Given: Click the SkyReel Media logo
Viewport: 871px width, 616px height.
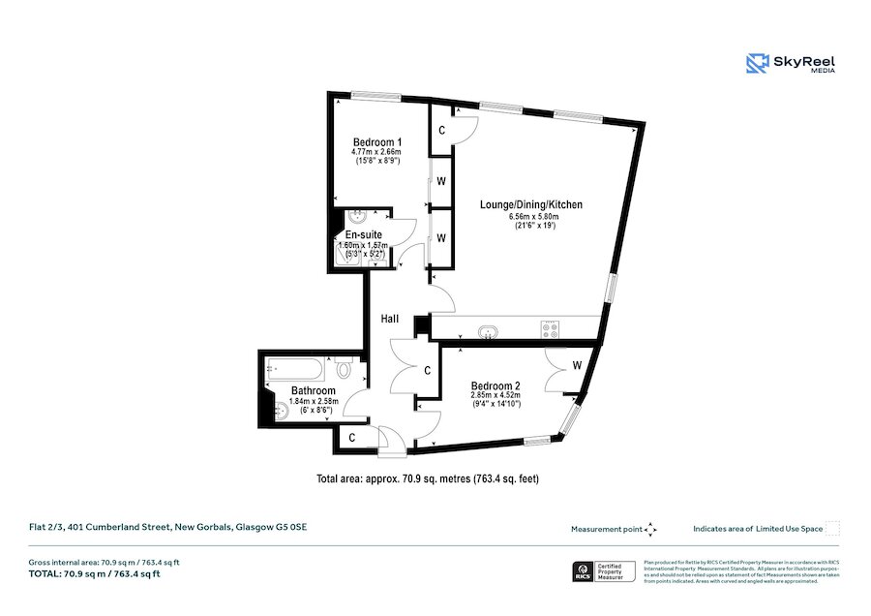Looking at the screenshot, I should pyautogui.click(x=790, y=64).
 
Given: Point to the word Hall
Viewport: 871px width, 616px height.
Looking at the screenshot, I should pyautogui.click(x=391, y=318).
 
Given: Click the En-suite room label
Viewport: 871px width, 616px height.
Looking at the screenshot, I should pyautogui.click(x=363, y=234).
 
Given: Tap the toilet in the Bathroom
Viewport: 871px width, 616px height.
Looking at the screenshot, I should pyautogui.click(x=345, y=370).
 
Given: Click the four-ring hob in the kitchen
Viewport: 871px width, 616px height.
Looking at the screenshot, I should pyautogui.click(x=554, y=329).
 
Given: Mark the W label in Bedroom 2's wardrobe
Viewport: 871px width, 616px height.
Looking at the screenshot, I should pyautogui.click(x=576, y=365).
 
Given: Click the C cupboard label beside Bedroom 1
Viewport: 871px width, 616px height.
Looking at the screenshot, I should pyautogui.click(x=442, y=131).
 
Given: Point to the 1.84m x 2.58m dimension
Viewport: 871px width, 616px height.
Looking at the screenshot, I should pyautogui.click(x=313, y=401).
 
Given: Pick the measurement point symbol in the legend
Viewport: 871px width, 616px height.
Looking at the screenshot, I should pyautogui.click(x=650, y=529).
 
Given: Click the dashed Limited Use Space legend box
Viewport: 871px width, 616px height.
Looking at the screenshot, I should pyautogui.click(x=832, y=529).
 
